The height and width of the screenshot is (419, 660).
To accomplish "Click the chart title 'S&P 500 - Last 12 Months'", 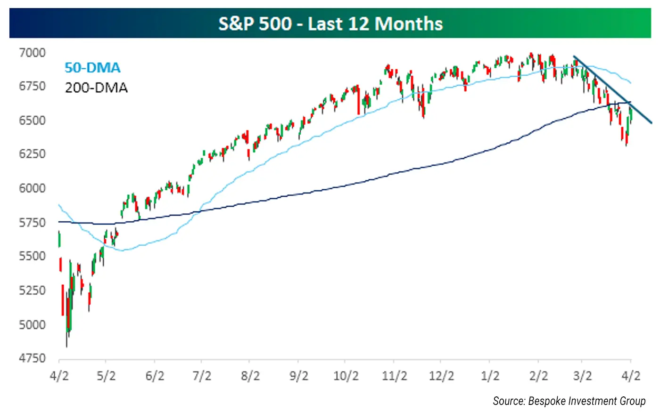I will click(330, 24).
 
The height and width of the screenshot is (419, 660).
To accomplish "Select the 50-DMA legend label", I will click(92, 68).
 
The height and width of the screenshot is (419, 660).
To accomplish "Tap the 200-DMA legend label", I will click(96, 88).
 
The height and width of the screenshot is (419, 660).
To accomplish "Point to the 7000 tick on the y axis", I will click(32, 53).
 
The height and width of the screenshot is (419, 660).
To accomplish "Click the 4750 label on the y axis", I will click(32, 358).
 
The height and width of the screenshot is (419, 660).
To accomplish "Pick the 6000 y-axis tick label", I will click(32, 188).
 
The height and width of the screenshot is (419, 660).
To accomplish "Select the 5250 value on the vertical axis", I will click(32, 290).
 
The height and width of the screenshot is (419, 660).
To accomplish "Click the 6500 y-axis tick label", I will click(32, 121).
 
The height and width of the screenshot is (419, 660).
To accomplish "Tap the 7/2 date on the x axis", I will click(202, 376).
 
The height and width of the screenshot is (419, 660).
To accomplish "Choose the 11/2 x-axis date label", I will click(395, 376).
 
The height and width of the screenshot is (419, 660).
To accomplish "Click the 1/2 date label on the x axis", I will click(490, 376).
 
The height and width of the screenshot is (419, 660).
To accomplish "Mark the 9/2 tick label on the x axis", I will click(298, 376).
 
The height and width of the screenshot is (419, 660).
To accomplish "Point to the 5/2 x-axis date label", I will click(106, 376).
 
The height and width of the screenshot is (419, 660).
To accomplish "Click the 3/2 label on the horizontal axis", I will click(583, 376).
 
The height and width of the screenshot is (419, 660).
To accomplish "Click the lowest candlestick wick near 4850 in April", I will click(66, 346).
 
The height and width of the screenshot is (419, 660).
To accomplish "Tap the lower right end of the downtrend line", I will click(651, 123).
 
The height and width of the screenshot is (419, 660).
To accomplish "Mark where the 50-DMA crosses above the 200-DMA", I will click(200, 212).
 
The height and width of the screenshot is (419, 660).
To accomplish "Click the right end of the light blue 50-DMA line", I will click(631, 83).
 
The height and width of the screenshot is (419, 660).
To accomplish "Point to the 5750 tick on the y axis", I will click(32, 222).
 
